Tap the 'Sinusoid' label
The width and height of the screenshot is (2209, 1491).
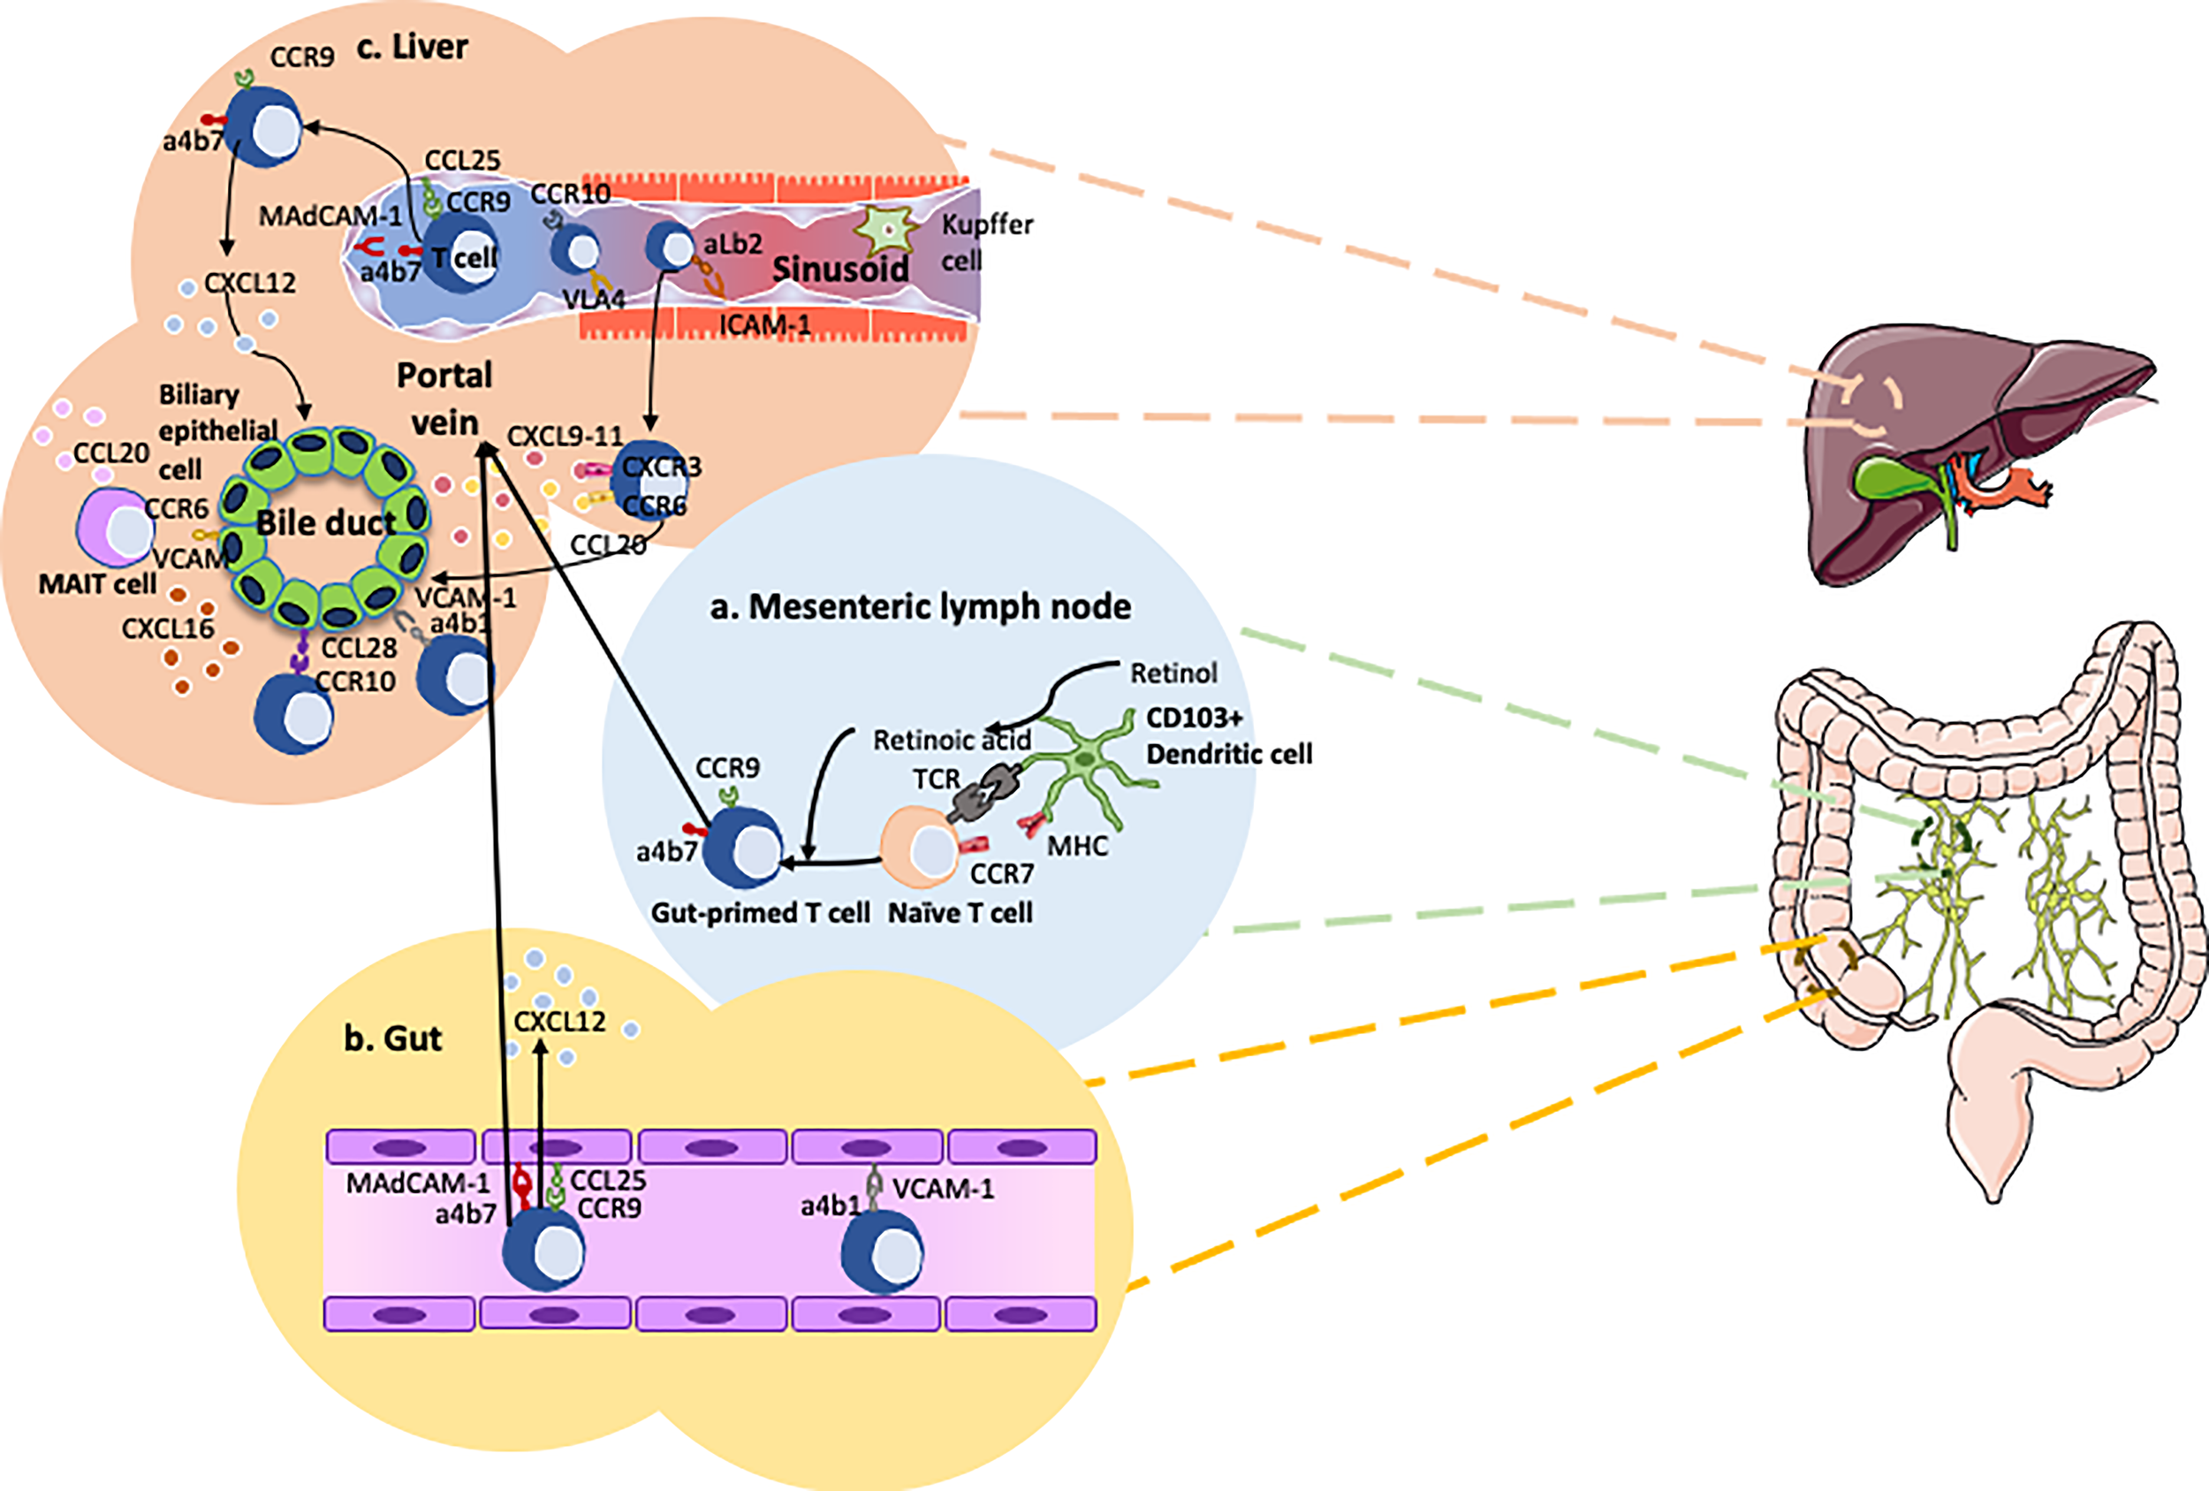pyautogui.click(x=840, y=269)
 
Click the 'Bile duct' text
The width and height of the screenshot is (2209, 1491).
pyautogui.click(x=325, y=523)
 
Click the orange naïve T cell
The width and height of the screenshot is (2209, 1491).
pyautogui.click(x=920, y=847)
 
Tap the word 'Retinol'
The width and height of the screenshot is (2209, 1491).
pyautogui.click(x=1173, y=673)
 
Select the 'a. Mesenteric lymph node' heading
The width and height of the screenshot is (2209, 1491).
pyautogui.click(x=920, y=605)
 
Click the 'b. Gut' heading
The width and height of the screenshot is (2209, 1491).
pyautogui.click(x=392, y=1038)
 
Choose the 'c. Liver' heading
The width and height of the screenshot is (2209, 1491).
pyautogui.click(x=412, y=47)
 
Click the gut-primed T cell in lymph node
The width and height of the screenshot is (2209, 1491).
pyautogui.click(x=742, y=848)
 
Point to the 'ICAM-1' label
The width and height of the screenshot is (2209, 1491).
pyautogui.click(x=764, y=325)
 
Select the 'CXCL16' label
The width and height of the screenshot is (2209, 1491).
pyautogui.click(x=167, y=628)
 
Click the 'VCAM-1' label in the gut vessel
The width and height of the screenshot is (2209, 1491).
pyautogui.click(x=943, y=1189)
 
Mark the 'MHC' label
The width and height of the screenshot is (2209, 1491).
pyautogui.click(x=1077, y=845)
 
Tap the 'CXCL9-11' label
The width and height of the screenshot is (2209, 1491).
pyautogui.click(x=565, y=437)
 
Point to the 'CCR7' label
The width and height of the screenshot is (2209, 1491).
pyautogui.click(x=1001, y=873)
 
